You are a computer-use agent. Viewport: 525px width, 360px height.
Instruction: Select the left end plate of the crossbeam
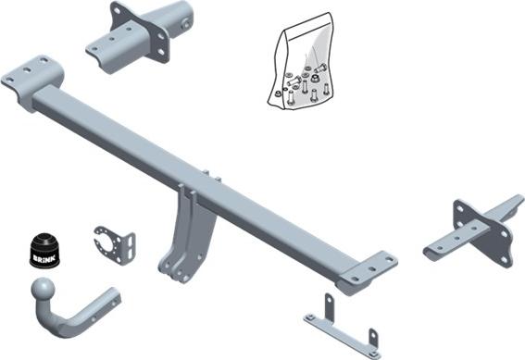point(31,75)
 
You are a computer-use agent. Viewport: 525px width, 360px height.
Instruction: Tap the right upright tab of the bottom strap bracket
point(373,340)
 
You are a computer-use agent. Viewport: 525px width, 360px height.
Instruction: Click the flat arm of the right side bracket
point(449,243)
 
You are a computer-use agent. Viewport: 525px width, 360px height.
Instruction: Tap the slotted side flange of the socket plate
point(129,245)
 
